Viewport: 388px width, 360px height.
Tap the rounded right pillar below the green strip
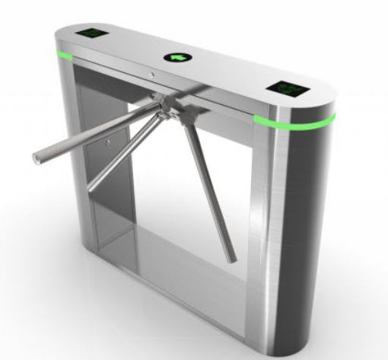click(304, 228)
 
